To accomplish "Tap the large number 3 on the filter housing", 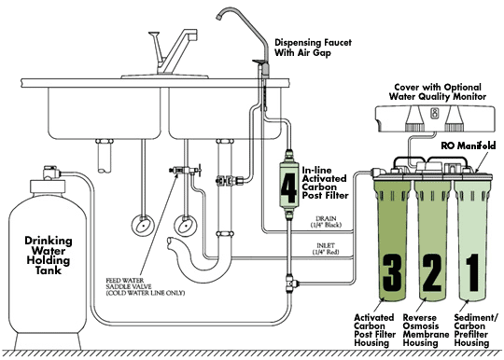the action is point(392,271).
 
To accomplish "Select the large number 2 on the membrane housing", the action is point(432,272).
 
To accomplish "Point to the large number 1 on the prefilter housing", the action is point(472,272).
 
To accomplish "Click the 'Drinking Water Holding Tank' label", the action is point(49,255).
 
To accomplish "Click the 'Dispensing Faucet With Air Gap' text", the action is point(313,48).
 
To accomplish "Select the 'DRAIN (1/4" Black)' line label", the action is point(326,222).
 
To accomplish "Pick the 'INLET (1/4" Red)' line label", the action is point(326,249).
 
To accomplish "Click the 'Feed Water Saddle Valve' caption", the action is point(146,286).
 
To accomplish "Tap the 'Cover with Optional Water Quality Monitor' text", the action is point(438,91).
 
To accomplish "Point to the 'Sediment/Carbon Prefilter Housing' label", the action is point(476,330).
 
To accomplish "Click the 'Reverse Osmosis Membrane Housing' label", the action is point(426,330).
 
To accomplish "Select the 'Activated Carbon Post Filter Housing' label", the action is point(375,330).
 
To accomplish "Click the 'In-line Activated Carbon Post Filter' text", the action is point(325,183).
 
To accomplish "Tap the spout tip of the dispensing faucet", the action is point(219,17).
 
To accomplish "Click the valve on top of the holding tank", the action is point(51,173).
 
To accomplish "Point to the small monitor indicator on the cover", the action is point(435,112).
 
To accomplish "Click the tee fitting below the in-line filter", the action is point(291,284).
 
